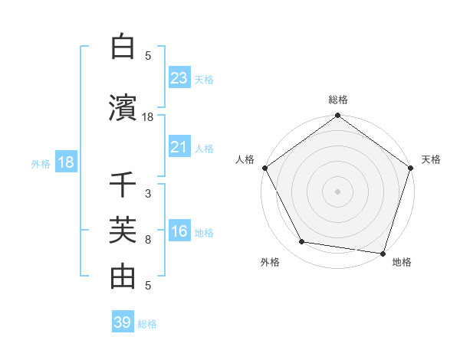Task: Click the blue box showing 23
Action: (179, 78)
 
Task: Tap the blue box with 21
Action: (179, 147)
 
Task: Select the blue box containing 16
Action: (179, 232)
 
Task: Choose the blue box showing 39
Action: (122, 322)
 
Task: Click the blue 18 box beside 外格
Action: (65, 162)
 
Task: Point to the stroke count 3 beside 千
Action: (148, 194)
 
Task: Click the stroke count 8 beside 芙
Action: (148, 240)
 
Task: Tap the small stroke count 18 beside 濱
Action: (148, 117)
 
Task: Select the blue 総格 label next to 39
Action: (147, 324)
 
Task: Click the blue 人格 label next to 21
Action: (204, 148)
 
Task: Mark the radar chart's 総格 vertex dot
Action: (337, 116)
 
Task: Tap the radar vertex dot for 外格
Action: (302, 242)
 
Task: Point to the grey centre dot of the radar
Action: (337, 191)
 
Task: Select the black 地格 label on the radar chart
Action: (401, 263)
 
